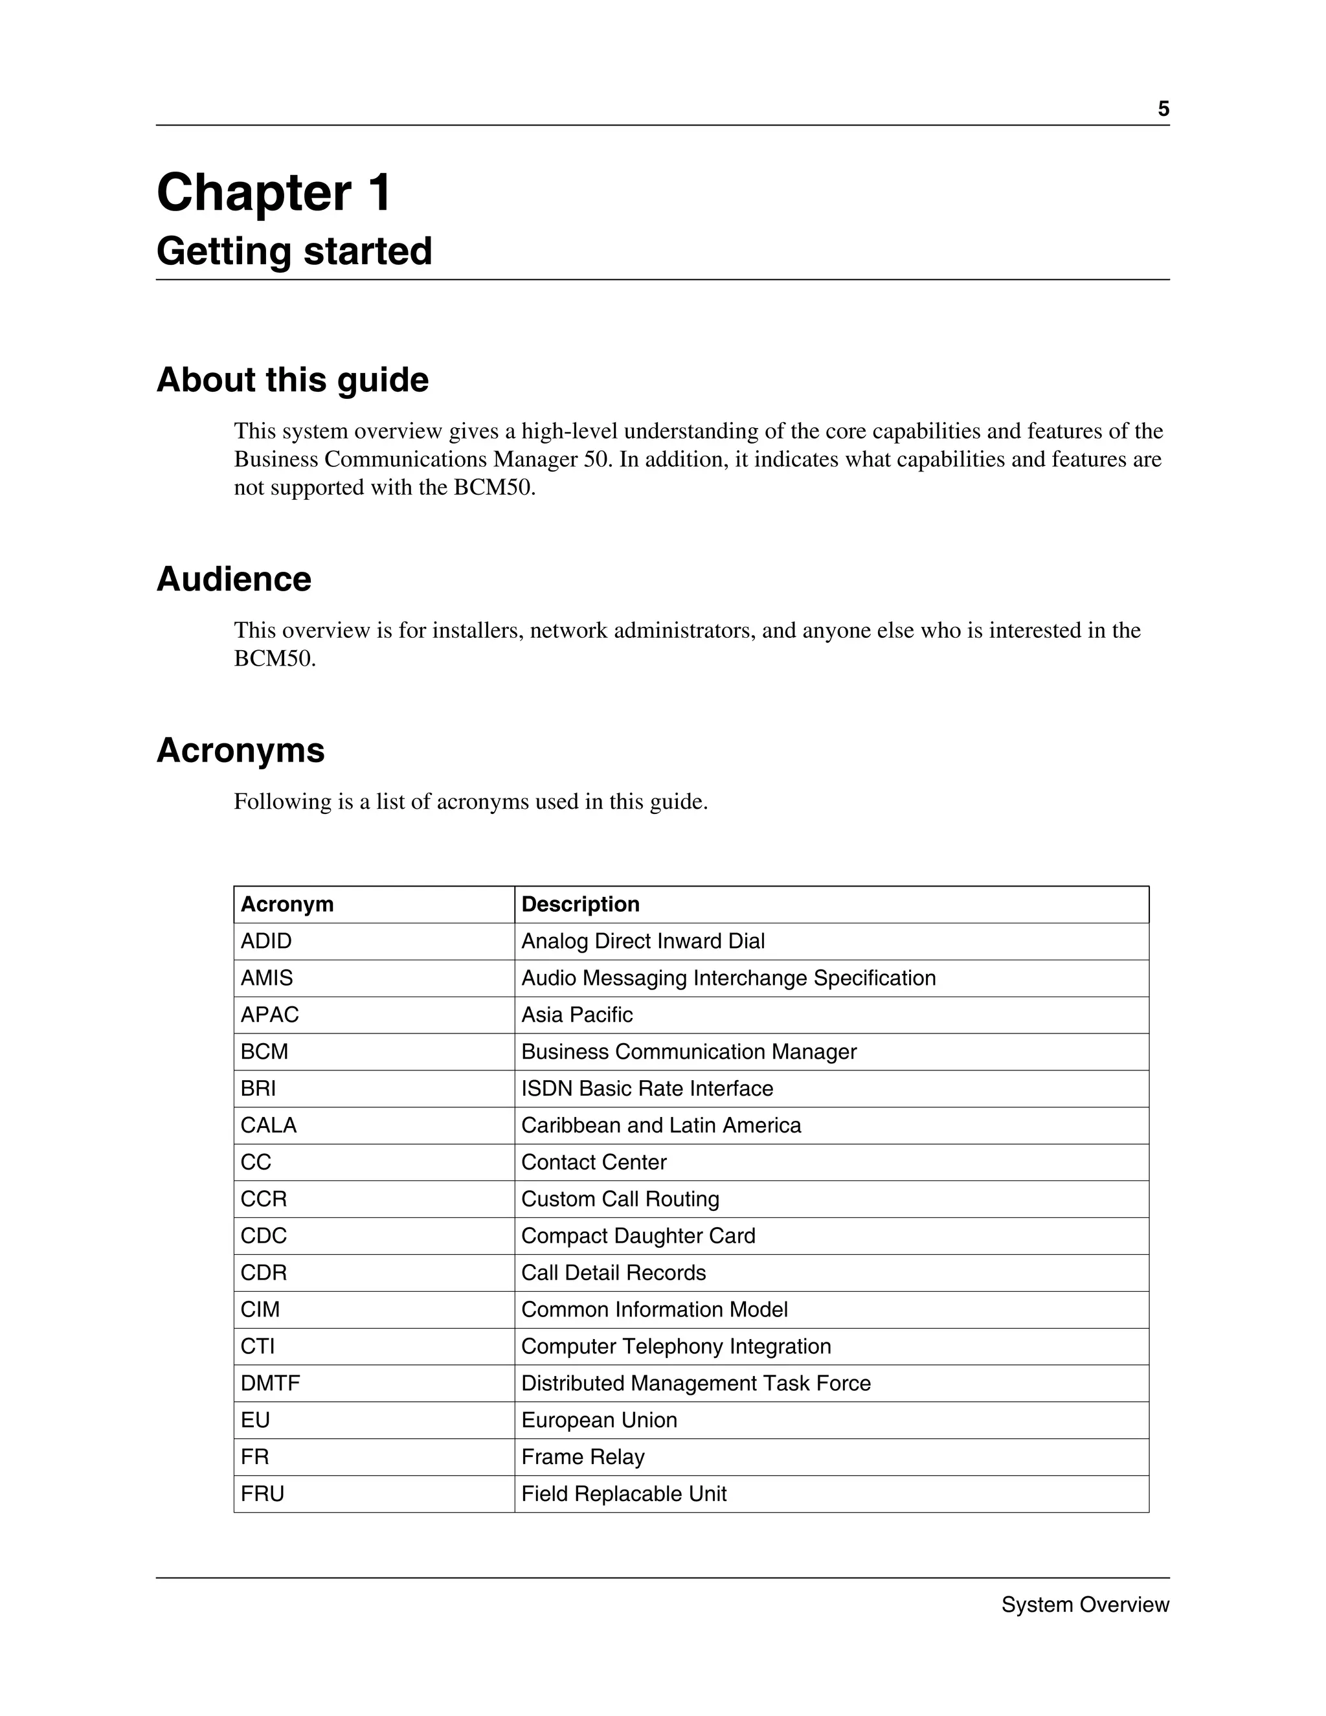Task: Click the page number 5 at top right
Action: click(x=1163, y=109)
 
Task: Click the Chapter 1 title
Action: click(x=273, y=192)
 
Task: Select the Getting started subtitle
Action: click(x=294, y=251)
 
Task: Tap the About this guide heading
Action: click(x=292, y=380)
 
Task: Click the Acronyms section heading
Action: click(x=240, y=751)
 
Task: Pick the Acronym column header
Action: click(x=287, y=905)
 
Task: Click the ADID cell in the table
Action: click(x=266, y=942)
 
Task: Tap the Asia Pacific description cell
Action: click(x=577, y=1015)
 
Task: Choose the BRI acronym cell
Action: click(x=258, y=1089)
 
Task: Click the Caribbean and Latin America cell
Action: click(x=660, y=1126)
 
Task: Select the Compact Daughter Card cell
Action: click(x=638, y=1236)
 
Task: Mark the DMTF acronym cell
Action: click(x=270, y=1384)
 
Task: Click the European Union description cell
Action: click(x=599, y=1421)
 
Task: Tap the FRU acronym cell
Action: click(x=262, y=1494)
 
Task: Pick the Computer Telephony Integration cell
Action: click(x=675, y=1347)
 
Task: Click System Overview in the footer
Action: click(x=1085, y=1605)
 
